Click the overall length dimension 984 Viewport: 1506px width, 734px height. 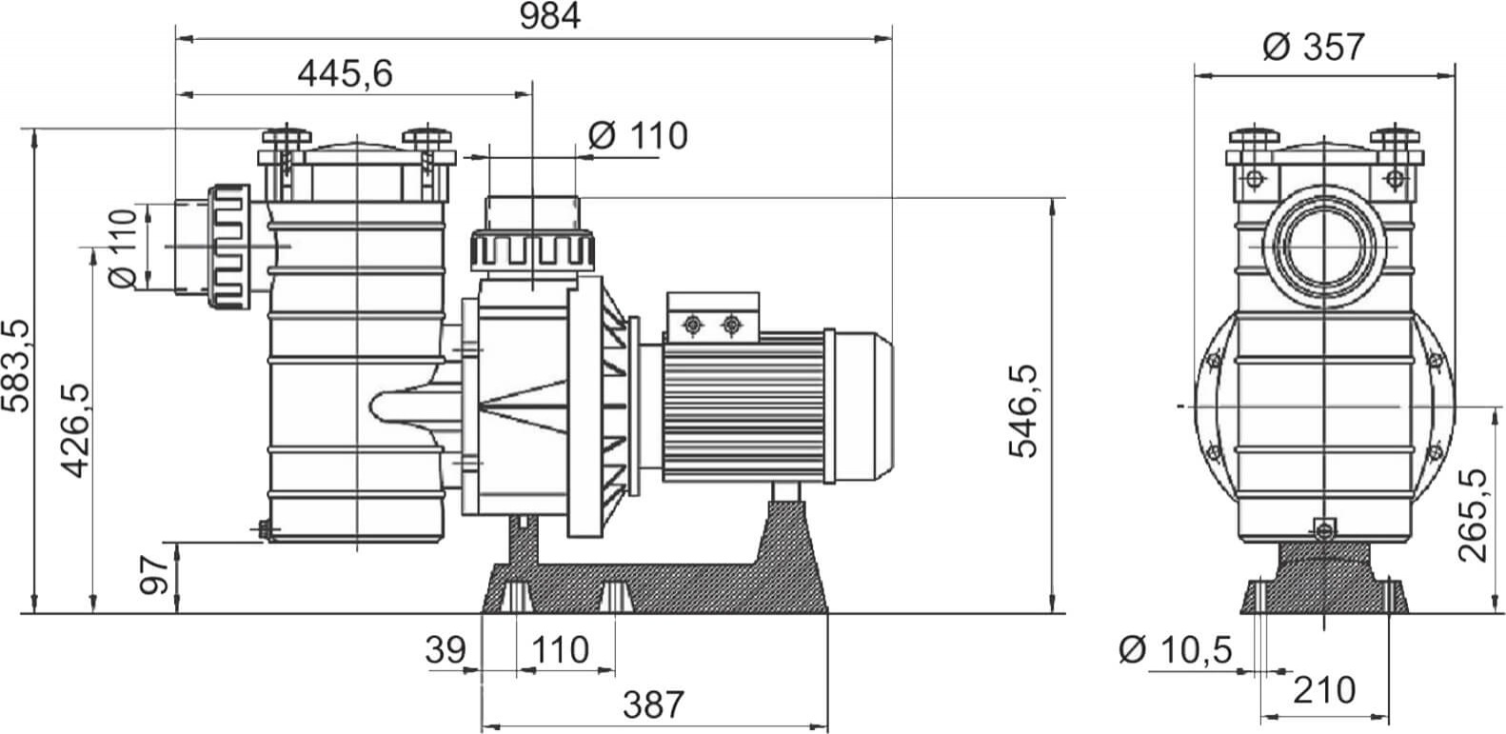[549, 16]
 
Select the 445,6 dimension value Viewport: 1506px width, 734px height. [345, 74]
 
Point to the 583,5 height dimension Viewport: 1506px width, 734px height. [15, 366]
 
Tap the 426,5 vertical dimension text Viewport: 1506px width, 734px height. [74, 431]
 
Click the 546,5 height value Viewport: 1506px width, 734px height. [1023, 411]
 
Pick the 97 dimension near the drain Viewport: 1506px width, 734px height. [154, 575]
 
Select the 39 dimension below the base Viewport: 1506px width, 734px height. [446, 650]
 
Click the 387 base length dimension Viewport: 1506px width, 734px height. [653, 704]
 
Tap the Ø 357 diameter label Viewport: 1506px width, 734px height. [1314, 47]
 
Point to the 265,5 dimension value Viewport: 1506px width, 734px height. [1473, 516]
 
